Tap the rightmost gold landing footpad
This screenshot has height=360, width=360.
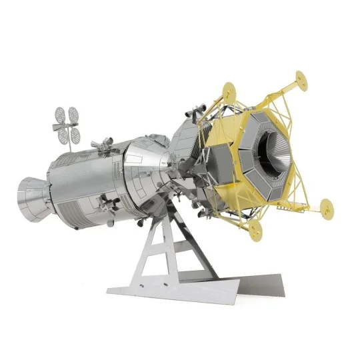pos(328,207)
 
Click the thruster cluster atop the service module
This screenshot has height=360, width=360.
pos(101,142)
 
